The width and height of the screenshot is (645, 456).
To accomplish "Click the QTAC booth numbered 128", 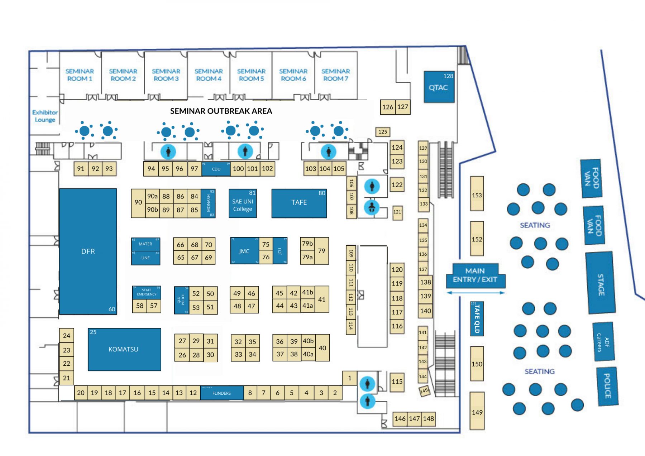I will [x=439, y=87].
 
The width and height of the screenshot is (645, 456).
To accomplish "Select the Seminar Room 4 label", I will [x=209, y=75].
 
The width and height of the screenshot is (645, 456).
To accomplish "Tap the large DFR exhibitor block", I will [x=88, y=251].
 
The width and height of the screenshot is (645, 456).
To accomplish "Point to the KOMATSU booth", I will [x=124, y=349].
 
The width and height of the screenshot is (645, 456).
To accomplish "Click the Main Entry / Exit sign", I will [x=475, y=275].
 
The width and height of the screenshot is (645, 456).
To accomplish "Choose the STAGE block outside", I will [x=601, y=283].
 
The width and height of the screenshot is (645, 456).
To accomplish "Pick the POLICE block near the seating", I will [x=607, y=386].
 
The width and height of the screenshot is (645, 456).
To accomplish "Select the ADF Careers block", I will [x=603, y=342].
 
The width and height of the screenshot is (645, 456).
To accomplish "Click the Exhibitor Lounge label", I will [x=45, y=116].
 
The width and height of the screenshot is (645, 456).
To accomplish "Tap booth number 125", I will [x=383, y=132].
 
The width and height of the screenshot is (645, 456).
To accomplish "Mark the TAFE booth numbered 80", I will [x=299, y=203].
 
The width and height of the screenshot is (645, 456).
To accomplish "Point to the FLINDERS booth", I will [x=221, y=393].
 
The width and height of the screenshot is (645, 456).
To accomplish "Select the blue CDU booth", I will [x=216, y=169].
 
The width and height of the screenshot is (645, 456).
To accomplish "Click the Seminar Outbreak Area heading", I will [x=221, y=111].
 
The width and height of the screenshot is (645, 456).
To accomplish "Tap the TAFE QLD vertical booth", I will [x=477, y=318].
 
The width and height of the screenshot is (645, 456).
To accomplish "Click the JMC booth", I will [x=244, y=251].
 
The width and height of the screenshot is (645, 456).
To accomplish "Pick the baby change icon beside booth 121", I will [x=372, y=207].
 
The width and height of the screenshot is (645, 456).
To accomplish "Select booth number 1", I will [x=350, y=378].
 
